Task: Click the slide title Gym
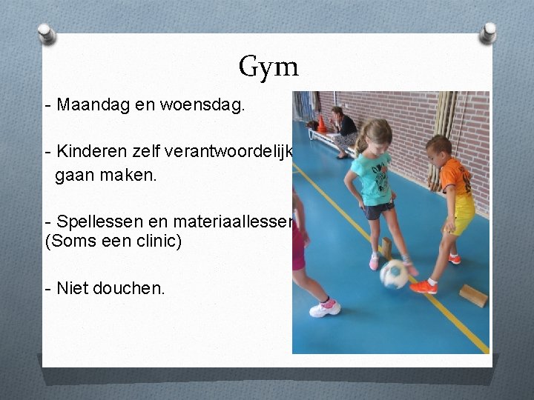coord(268,67)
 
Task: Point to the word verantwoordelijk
coord(237,153)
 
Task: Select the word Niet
coord(71,287)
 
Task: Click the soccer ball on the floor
coord(394,274)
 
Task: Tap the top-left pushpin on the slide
coord(46,34)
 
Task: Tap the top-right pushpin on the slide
coord(488,33)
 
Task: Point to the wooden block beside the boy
coord(472,295)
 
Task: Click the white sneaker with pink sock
coord(325,307)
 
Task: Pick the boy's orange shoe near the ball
coord(423,286)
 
